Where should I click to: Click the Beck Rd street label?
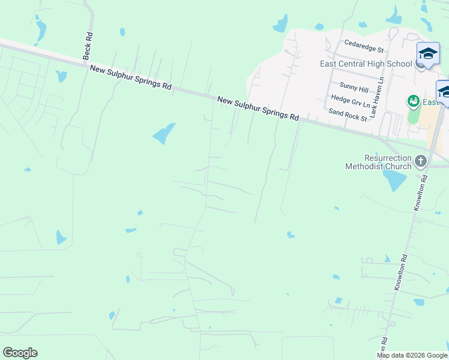88,45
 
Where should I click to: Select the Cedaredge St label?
364,45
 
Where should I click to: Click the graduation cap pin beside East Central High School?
428,55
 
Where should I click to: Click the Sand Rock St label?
348,115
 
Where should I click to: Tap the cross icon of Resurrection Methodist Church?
420,161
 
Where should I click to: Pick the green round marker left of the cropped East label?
413,101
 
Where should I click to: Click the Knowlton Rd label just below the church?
420,192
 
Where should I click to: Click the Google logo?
20,353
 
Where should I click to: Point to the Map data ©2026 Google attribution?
412,355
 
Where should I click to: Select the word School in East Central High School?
400,64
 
